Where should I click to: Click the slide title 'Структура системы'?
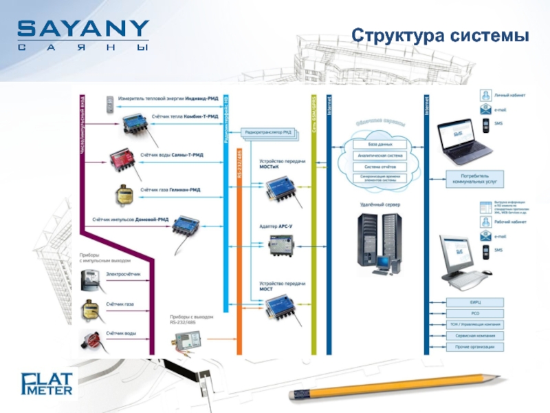(x=440, y=35)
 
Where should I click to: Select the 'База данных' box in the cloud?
(x=380, y=145)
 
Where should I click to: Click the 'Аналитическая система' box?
(x=380, y=156)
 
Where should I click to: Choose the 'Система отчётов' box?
(x=380, y=166)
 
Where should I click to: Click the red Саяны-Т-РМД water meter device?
(x=124, y=160)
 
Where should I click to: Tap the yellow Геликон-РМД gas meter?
(x=124, y=194)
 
